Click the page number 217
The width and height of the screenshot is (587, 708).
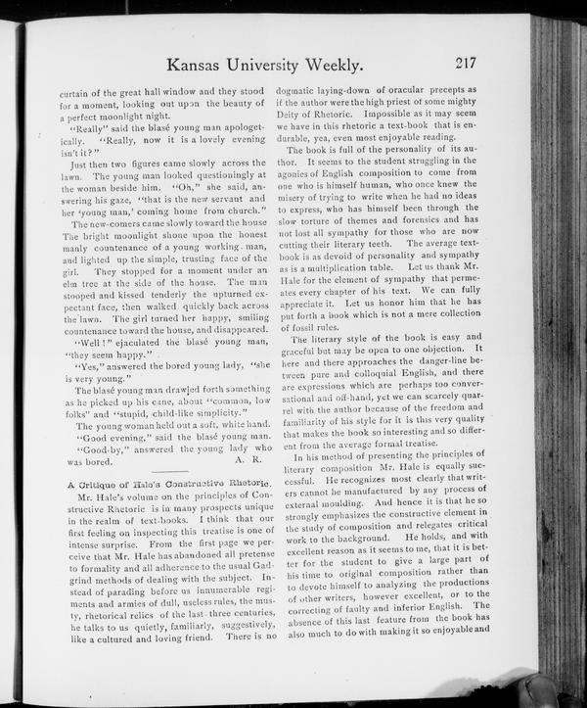click(x=465, y=65)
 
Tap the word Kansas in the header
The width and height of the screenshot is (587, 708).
click(x=203, y=66)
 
